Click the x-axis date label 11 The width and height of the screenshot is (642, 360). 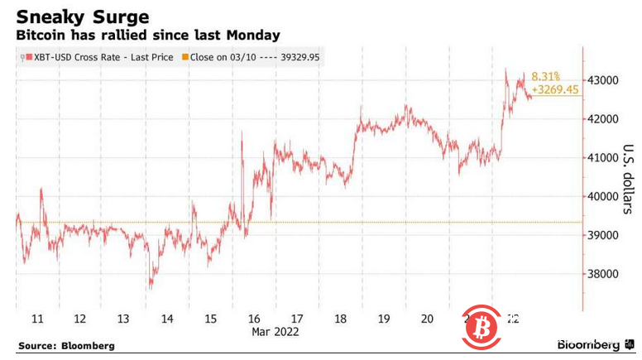click(37, 319)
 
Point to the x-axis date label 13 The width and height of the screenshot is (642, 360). click(123, 319)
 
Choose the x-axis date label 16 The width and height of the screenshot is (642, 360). click(254, 319)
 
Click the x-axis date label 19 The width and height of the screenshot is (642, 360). click(384, 319)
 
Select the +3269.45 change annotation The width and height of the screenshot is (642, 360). click(556, 89)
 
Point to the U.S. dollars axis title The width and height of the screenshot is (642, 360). click(626, 179)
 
